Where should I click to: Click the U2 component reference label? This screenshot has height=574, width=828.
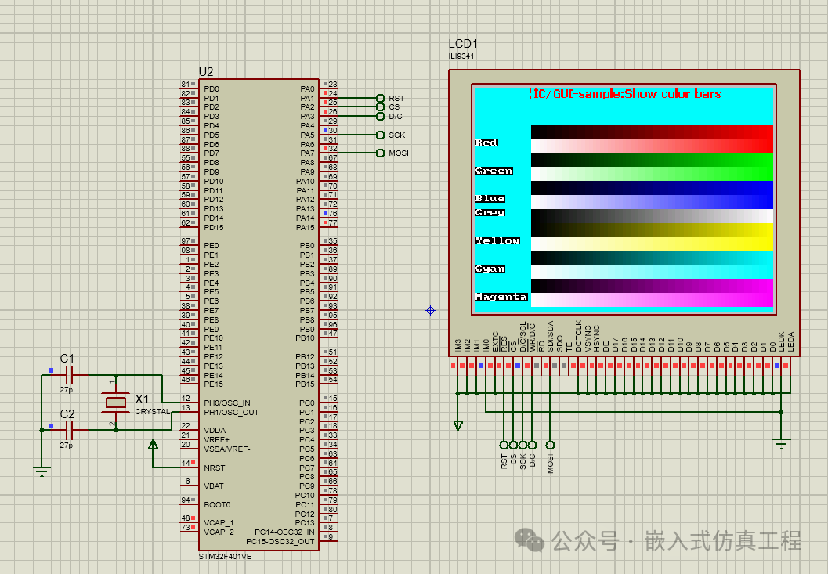[205, 71]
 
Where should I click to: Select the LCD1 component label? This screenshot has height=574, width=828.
[463, 44]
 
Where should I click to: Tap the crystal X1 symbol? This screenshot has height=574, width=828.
[116, 403]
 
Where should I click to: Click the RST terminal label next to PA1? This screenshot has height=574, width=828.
[396, 98]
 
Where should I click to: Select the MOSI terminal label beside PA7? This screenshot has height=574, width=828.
[398, 153]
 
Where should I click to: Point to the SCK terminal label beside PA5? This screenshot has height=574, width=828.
[396, 135]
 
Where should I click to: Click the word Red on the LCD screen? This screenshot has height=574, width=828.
[486, 143]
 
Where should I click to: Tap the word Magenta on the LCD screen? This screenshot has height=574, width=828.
[501, 297]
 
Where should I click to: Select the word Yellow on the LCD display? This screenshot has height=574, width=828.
[497, 240]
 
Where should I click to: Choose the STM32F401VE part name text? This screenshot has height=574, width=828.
[225, 556]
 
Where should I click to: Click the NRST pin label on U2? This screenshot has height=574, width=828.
[214, 468]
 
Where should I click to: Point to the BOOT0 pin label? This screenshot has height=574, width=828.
[216, 504]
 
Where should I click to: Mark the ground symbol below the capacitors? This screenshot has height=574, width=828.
[42, 471]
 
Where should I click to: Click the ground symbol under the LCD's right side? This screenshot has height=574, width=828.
[780, 444]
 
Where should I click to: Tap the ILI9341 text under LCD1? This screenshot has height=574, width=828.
[461, 56]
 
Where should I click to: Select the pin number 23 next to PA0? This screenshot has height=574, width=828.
[333, 85]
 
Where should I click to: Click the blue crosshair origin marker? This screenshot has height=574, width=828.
[430, 311]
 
